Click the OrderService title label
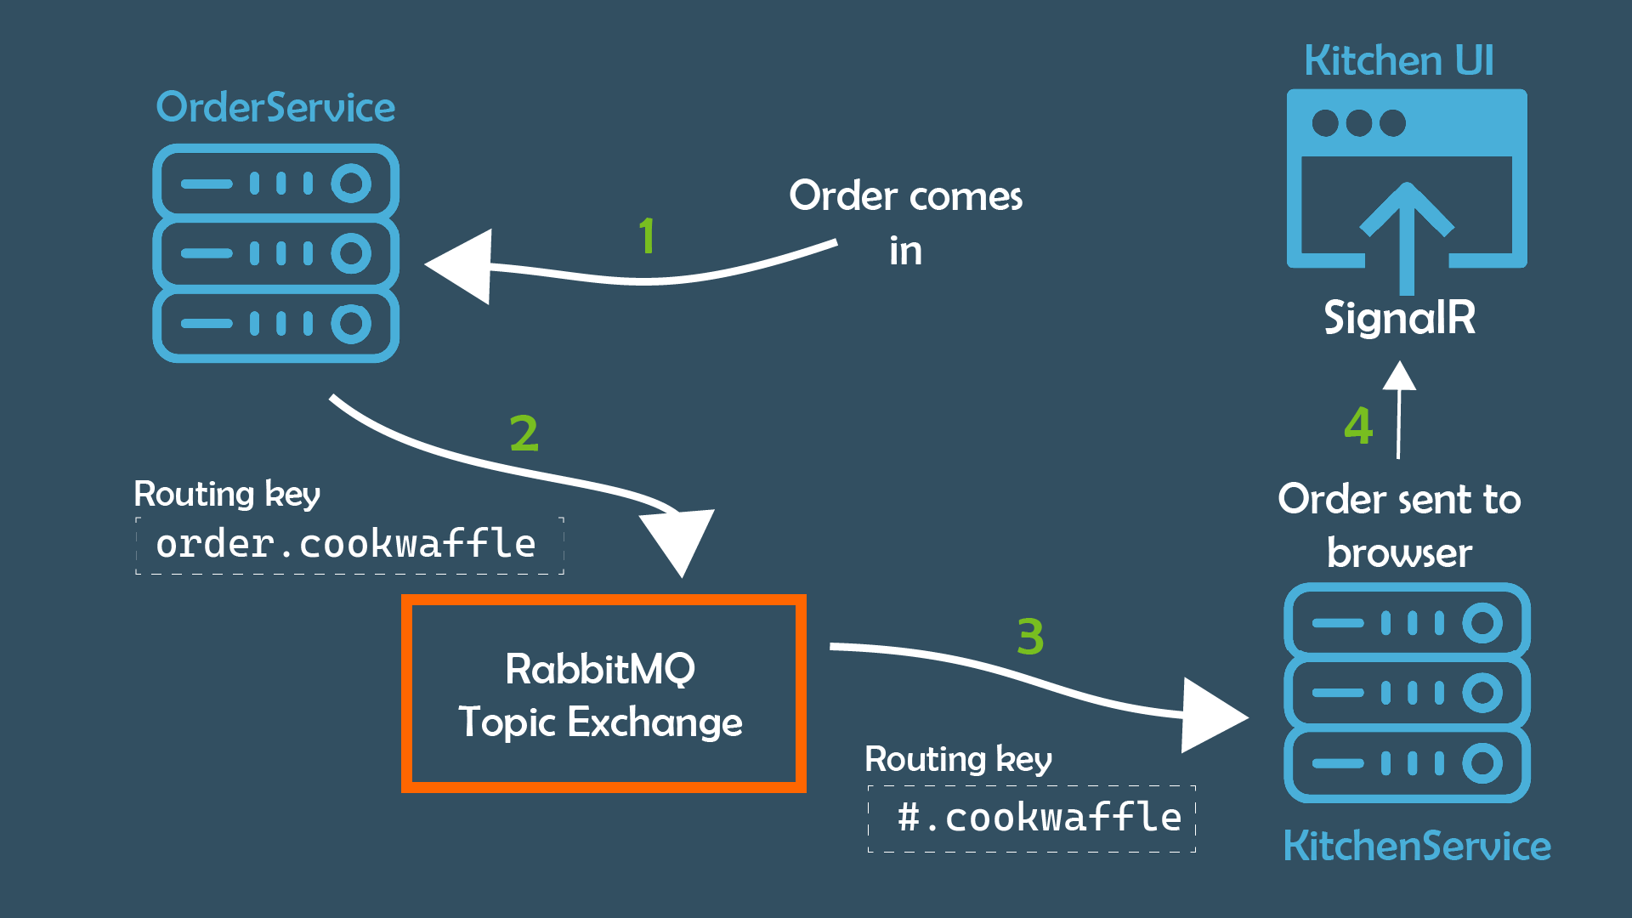coord(275,108)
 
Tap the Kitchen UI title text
coord(1398,61)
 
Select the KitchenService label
coord(1417,846)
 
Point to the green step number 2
coord(524,433)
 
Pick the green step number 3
coord(1030,637)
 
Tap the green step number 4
coord(1358,426)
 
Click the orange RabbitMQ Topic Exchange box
coord(603,694)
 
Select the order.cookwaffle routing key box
coord(348,545)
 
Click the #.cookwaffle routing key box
coord(1031,818)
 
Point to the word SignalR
coord(1399,318)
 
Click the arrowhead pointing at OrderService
coord(461,266)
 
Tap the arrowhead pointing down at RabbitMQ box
coord(678,541)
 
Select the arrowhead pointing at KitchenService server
coord(1211,716)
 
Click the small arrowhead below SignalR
coord(1399,377)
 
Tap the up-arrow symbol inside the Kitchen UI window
coord(1407,229)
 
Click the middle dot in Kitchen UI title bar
coord(1358,123)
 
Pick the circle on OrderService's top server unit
coord(351,184)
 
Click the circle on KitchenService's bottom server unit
coord(1482,762)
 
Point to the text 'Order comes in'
coord(905,223)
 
